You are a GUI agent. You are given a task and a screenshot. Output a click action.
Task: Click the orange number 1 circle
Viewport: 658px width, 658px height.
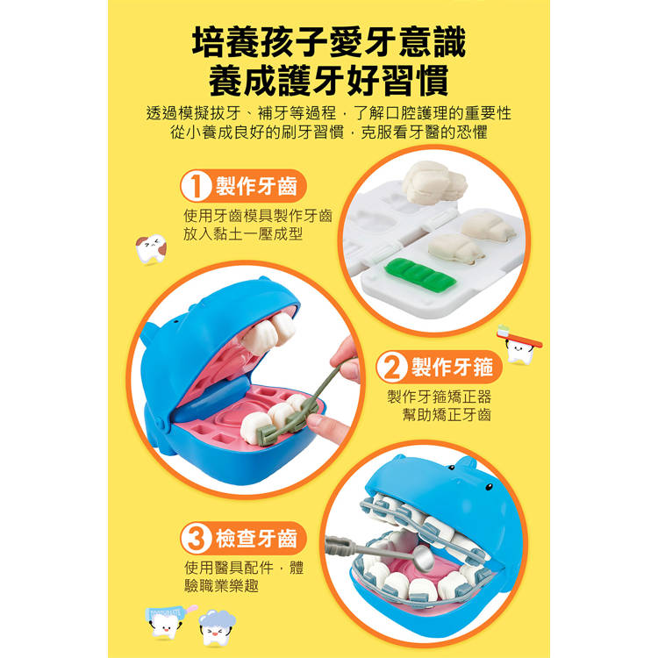pyautogui.click(x=196, y=186)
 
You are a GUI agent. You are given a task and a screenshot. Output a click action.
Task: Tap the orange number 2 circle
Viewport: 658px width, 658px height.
pyautogui.click(x=391, y=368)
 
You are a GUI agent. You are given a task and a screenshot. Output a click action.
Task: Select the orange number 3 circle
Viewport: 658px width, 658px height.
pyautogui.click(x=196, y=539)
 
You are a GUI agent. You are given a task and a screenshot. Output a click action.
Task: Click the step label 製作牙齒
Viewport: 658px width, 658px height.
pyautogui.click(x=256, y=186)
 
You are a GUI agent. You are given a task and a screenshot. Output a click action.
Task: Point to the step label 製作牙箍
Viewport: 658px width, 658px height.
pyautogui.click(x=453, y=368)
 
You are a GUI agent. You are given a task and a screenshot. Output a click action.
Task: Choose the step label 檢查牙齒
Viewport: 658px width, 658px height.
pyautogui.click(x=256, y=539)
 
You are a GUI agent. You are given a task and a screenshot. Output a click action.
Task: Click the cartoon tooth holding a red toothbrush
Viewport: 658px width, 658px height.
pyautogui.click(x=519, y=345)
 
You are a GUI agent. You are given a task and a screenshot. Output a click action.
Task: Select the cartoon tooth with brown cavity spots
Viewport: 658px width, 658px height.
pyautogui.click(x=151, y=249)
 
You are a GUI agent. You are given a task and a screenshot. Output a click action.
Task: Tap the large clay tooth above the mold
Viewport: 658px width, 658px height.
pyautogui.click(x=434, y=182)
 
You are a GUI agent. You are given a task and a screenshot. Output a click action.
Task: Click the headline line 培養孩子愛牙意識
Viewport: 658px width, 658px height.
pyautogui.click(x=329, y=41)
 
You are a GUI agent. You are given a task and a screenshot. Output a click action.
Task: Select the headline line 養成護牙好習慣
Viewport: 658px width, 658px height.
pyautogui.click(x=329, y=80)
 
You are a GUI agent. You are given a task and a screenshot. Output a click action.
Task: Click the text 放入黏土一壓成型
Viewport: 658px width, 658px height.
pyautogui.click(x=243, y=234)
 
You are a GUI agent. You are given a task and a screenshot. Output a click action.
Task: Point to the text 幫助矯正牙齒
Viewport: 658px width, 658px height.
pyautogui.click(x=447, y=415)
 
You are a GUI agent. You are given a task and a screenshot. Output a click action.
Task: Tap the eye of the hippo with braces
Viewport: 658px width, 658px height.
pyautogui.click(x=489, y=487)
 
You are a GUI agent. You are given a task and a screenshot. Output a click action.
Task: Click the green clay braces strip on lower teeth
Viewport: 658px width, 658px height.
pyautogui.click(x=285, y=423)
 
